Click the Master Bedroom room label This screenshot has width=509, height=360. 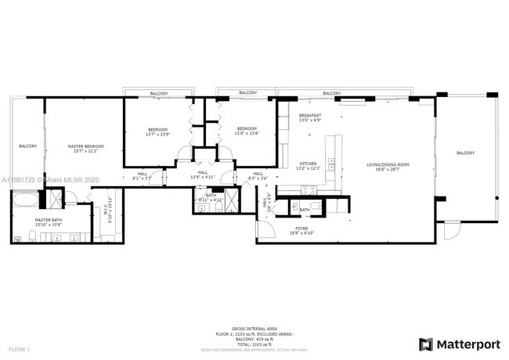tap(85, 146)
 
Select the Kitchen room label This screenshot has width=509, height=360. tap(308, 164)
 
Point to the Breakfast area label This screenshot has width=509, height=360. tap(311, 116)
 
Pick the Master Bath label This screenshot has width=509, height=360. tap(42, 221)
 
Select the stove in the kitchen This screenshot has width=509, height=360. tap(306, 189)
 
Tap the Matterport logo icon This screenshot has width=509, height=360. tap(425, 344)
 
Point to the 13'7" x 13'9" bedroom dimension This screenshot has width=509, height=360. tap(157, 135)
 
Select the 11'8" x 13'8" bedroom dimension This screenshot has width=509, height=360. tap(247, 133)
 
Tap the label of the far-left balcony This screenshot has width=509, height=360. tap(28, 146)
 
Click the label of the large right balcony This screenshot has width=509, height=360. tap(465, 153)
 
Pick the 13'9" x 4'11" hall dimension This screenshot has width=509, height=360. tap(203, 178)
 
